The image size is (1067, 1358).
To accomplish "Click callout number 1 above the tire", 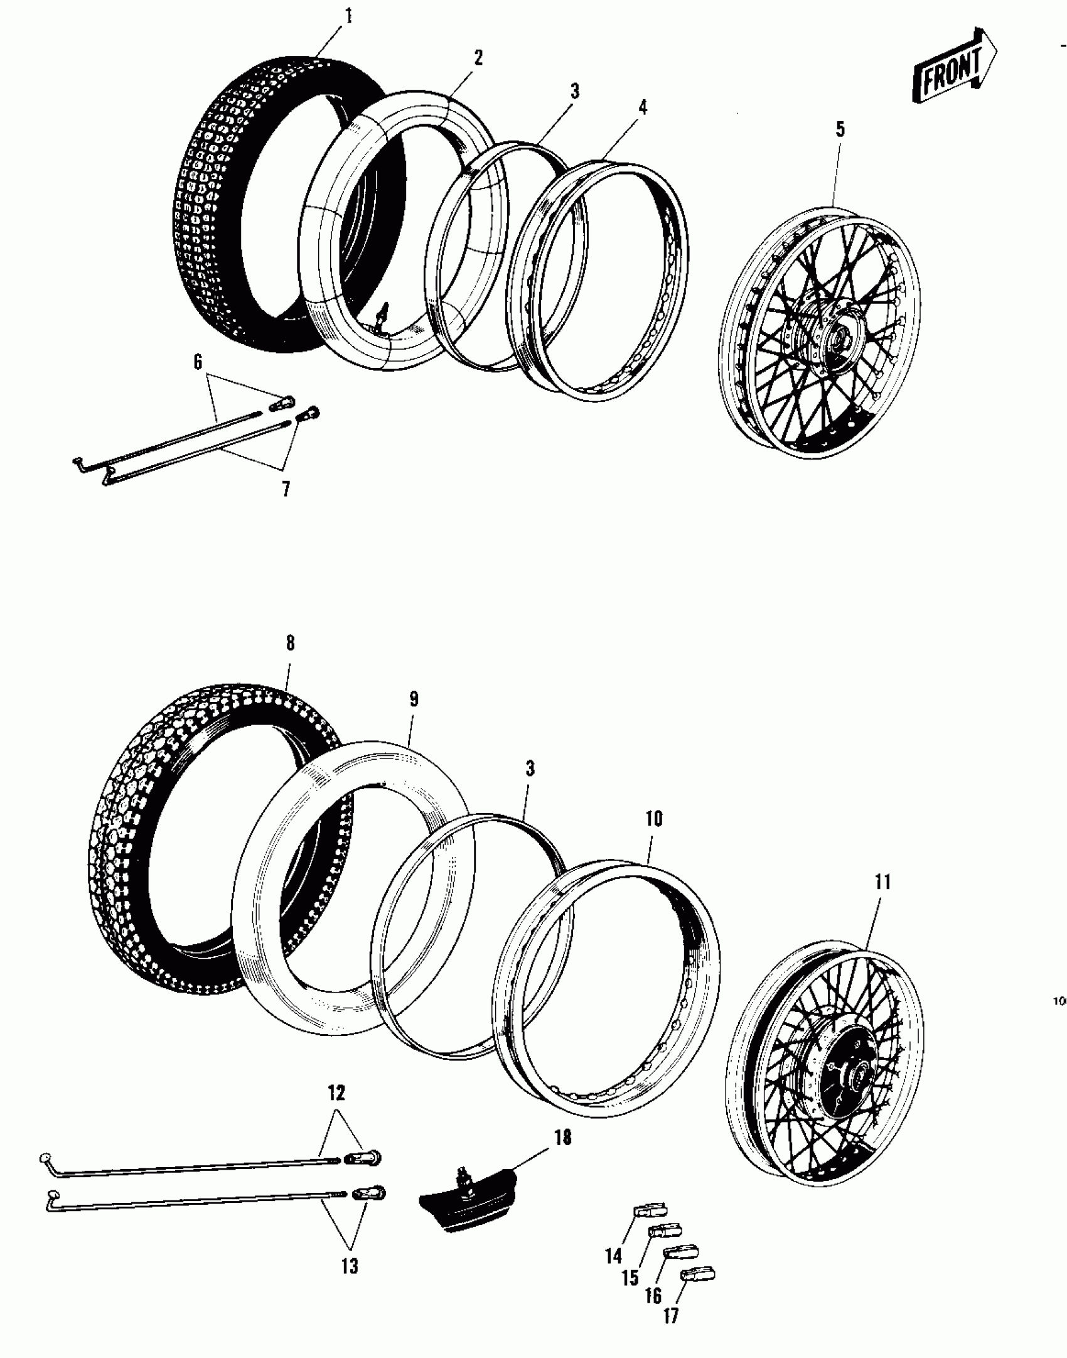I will (348, 16).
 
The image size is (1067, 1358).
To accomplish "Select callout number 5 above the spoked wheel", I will (840, 130).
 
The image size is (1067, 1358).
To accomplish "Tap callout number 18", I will (563, 1138).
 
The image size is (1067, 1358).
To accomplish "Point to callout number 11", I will (882, 882).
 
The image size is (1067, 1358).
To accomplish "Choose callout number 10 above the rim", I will (653, 819).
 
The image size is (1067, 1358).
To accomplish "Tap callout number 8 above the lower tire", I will (290, 643).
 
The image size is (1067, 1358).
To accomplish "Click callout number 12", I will (336, 1093).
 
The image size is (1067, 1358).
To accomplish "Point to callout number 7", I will (286, 489).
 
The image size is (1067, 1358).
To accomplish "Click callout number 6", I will (198, 362).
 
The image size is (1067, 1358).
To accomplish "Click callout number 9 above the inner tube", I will (414, 699).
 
